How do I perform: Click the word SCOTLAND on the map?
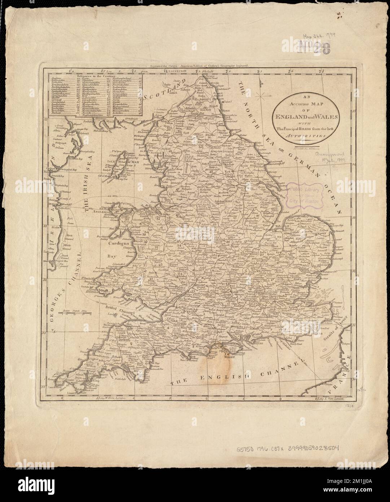(x=161, y=93)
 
